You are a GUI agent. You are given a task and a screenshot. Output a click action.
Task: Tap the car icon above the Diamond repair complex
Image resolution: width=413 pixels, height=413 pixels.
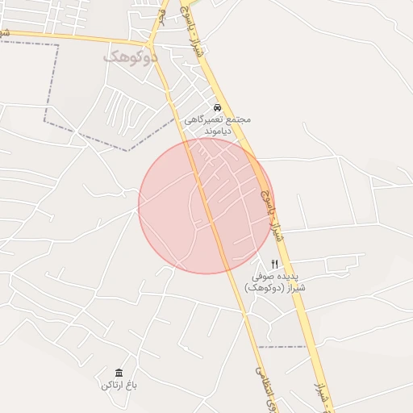[x=217, y=107]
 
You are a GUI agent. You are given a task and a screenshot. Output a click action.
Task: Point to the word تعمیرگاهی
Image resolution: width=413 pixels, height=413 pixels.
[x=202, y=119]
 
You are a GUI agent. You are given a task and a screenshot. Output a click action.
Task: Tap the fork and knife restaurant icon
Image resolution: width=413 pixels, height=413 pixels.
[x=275, y=264]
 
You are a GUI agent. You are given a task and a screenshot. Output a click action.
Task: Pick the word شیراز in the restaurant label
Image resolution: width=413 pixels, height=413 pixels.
[x=294, y=288]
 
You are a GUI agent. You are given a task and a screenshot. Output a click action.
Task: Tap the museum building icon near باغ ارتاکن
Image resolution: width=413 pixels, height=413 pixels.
[x=119, y=372]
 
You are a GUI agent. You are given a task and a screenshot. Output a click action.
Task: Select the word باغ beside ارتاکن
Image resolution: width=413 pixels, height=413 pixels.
[x=131, y=386]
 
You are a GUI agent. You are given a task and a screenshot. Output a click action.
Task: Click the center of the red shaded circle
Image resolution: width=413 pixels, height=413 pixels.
[x=206, y=206]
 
